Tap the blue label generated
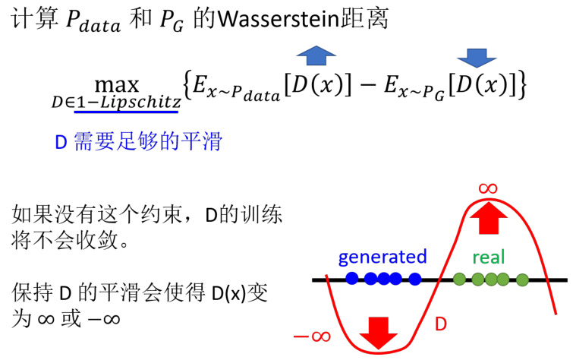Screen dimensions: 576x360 [x=382, y=257]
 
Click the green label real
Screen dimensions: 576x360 [x=488, y=257]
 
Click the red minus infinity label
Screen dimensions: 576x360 [x=312, y=335]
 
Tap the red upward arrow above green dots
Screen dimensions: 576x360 [x=486, y=220]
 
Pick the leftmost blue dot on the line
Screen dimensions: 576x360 [x=351, y=279]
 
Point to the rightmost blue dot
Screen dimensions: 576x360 [x=415, y=279]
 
